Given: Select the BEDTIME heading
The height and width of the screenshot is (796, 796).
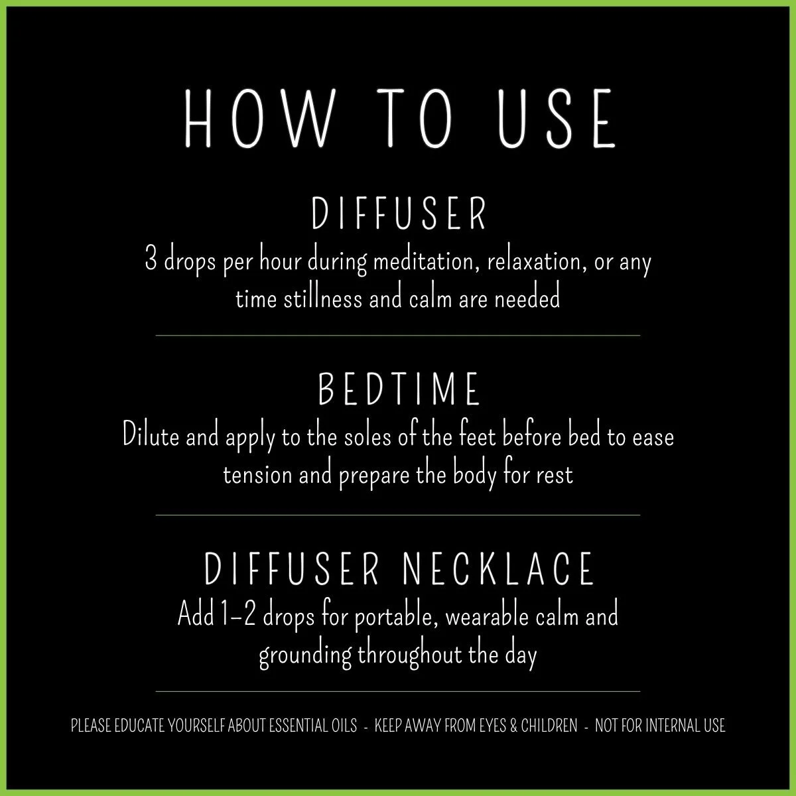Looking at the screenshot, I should [x=399, y=389].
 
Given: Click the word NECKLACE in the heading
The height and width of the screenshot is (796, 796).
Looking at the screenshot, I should [x=498, y=568].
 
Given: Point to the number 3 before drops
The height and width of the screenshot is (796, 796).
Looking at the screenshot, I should [x=151, y=261].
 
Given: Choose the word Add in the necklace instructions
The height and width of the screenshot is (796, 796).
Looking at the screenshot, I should [x=193, y=616].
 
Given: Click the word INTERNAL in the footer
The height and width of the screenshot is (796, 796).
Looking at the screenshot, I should [x=667, y=726].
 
